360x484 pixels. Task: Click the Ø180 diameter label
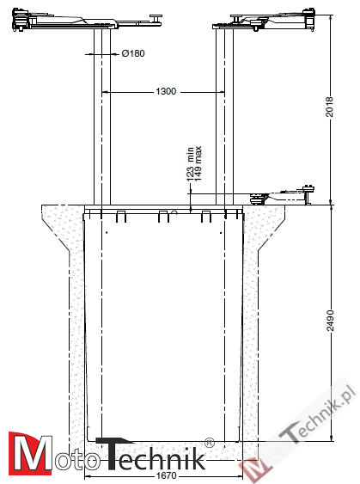pyautogui.click(x=133, y=53)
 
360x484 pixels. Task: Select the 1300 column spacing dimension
pyautogui.click(x=166, y=91)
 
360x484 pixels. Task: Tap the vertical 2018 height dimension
pyautogui.click(x=330, y=107)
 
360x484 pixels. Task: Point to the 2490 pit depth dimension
pyautogui.click(x=330, y=321)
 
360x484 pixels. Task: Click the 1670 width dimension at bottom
pyautogui.click(x=166, y=475)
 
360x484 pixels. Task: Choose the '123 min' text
pyautogui.click(x=190, y=164)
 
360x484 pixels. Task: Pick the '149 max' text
pyautogui.click(x=198, y=163)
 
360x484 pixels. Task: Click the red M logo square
pyautogui.click(x=31, y=453)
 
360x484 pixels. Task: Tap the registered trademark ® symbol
pyautogui.click(x=209, y=442)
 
